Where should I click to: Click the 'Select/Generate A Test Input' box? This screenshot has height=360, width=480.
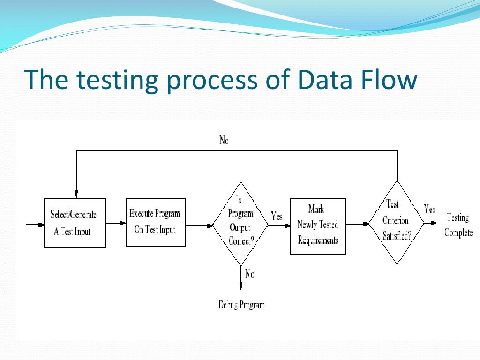(75, 223)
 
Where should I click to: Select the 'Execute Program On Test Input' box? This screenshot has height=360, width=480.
(156, 222)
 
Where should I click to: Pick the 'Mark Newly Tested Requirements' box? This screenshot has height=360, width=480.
(318, 226)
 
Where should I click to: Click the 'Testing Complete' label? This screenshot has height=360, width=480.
(458, 225)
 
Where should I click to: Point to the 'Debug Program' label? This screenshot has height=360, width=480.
(241, 305)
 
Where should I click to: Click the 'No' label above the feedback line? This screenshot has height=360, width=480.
(224, 140)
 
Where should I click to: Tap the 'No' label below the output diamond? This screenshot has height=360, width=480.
(249, 274)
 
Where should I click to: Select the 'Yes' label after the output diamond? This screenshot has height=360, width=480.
(277, 216)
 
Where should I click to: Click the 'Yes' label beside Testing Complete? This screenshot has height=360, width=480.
(429, 209)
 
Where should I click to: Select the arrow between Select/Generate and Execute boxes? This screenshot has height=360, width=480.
(116, 224)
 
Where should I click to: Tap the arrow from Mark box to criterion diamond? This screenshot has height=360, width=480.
(357, 224)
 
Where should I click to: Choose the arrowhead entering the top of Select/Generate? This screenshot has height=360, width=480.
(76, 194)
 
